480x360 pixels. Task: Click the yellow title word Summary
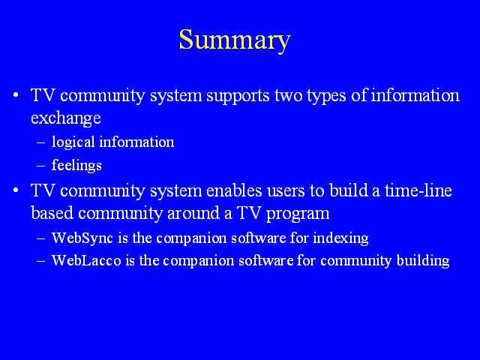(x=235, y=40)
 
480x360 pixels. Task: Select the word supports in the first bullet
(x=238, y=96)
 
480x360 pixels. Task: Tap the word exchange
(x=66, y=118)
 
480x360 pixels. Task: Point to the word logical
(x=73, y=142)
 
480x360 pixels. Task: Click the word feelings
(x=76, y=166)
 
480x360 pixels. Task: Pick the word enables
(x=234, y=190)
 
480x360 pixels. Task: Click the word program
(x=298, y=214)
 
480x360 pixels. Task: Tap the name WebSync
(x=82, y=238)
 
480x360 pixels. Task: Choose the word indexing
(x=340, y=238)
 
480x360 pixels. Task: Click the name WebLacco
(x=86, y=260)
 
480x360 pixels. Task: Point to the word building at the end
(x=423, y=261)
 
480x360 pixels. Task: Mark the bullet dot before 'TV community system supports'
(x=16, y=95)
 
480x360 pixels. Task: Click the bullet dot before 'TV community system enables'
(x=16, y=190)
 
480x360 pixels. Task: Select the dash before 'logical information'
(x=40, y=142)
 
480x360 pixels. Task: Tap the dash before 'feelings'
(x=40, y=166)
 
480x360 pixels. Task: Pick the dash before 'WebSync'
(x=40, y=238)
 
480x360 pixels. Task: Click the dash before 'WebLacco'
(x=40, y=261)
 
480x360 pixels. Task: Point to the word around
(x=193, y=213)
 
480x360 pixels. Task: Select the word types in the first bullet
(x=327, y=97)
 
